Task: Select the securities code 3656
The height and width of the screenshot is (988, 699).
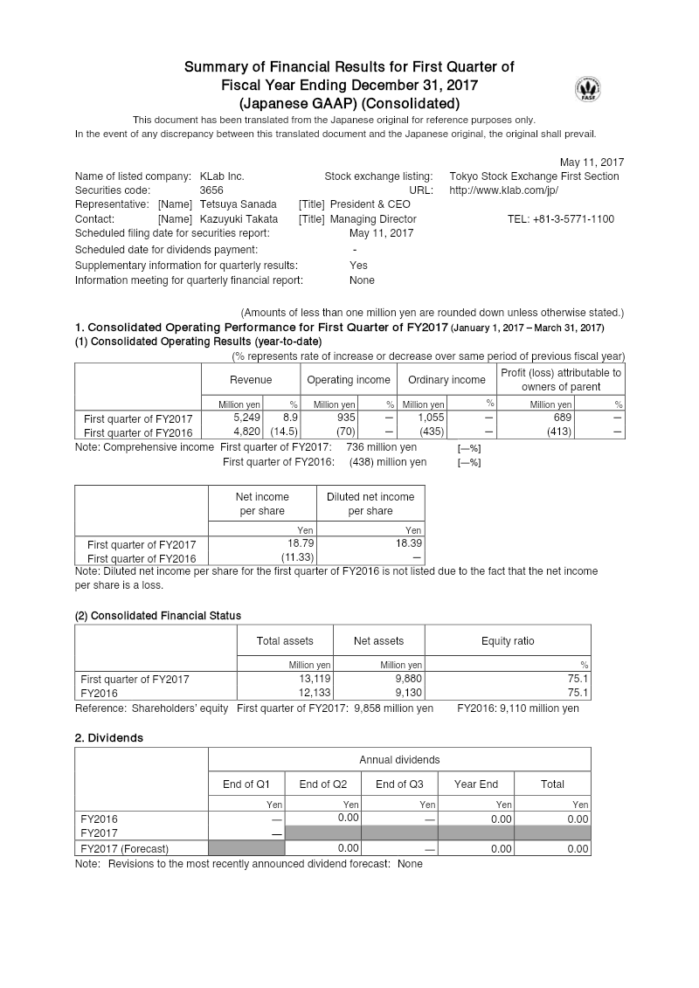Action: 211,190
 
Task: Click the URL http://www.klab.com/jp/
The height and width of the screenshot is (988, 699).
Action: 503,190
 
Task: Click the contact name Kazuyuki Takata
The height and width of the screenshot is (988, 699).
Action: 239,219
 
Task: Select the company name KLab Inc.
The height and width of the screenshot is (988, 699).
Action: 222,176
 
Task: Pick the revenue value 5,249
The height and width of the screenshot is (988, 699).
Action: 247,418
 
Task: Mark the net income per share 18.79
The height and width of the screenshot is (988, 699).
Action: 301,543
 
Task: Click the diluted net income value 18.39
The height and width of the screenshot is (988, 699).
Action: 409,543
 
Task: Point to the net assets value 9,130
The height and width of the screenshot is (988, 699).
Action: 408,692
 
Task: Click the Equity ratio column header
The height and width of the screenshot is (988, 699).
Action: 508,641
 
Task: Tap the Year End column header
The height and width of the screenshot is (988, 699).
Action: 476,784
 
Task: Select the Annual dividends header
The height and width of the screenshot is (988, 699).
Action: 399,760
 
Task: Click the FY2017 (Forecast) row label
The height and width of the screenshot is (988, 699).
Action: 124,848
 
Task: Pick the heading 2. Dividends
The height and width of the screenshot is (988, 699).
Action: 109,738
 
